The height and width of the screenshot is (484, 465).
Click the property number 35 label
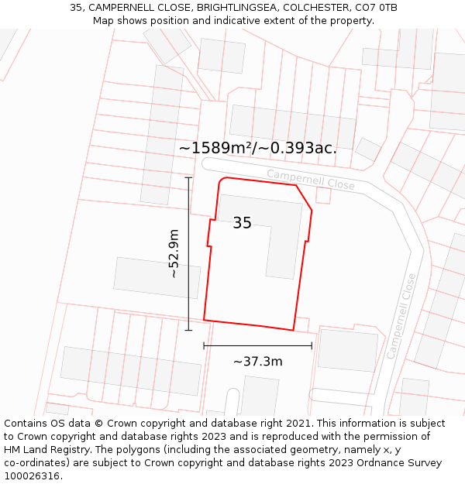pyautogui.click(x=242, y=223)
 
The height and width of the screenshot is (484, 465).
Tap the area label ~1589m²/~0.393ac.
pyautogui.click(x=257, y=148)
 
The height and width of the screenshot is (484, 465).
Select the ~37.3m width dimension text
pyautogui.click(x=257, y=361)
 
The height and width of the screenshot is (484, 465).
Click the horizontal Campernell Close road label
pyautogui.click(x=310, y=180)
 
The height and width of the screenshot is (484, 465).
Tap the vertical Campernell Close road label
pyautogui.click(x=401, y=316)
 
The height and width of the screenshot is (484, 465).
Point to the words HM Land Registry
pyautogui.click(x=43, y=450)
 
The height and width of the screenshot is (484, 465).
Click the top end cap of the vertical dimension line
pyautogui.click(x=188, y=178)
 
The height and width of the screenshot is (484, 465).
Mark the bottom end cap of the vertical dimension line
pyautogui.click(x=188, y=331)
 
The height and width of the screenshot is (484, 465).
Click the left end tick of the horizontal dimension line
pyautogui.click(x=204, y=345)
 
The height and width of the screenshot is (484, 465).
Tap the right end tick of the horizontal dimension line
pyautogui.click(x=312, y=345)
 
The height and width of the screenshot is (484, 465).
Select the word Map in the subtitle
pyautogui.click(x=104, y=21)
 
